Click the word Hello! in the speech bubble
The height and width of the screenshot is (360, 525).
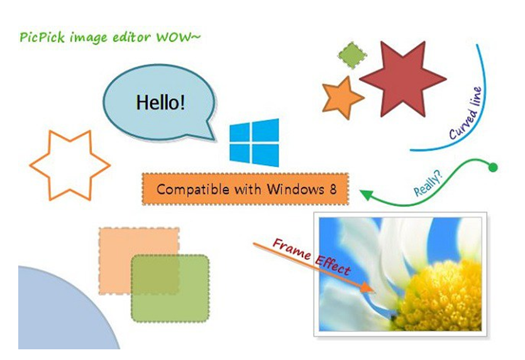[160, 102]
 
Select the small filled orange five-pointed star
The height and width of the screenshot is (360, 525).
[342, 98]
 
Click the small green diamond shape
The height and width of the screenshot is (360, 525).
[352, 55]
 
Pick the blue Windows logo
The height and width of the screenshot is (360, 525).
[254, 143]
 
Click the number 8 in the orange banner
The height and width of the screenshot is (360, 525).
[333, 189]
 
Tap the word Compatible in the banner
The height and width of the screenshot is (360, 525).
[193, 190]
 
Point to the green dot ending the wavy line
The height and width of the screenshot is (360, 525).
[493, 167]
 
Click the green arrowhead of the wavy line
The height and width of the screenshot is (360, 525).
[367, 194]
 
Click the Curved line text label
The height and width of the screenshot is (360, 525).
[466, 113]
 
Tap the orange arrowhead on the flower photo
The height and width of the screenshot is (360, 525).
[368, 288]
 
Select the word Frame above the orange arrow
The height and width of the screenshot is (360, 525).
[291, 249]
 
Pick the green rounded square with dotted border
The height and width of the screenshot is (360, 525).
[170, 288]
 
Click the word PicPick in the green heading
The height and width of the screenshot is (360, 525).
[41, 37]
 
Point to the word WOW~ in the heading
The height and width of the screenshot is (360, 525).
[178, 37]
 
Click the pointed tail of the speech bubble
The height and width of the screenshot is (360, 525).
[212, 135]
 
